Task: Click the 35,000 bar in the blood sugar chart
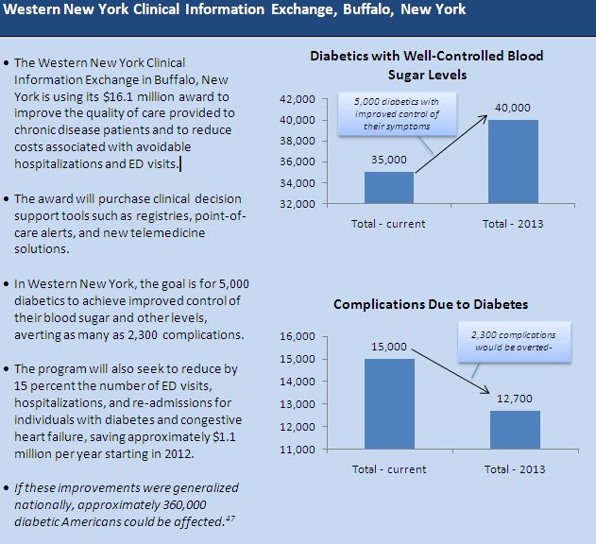(388, 187)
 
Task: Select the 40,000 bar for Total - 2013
(514, 161)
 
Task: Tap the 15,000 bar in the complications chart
(388, 403)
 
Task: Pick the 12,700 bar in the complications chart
(514, 430)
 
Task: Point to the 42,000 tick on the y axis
(297, 99)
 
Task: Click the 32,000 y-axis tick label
(297, 203)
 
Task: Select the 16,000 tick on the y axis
(297, 336)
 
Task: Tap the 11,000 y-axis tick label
(297, 450)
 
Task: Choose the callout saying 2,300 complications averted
(514, 341)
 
